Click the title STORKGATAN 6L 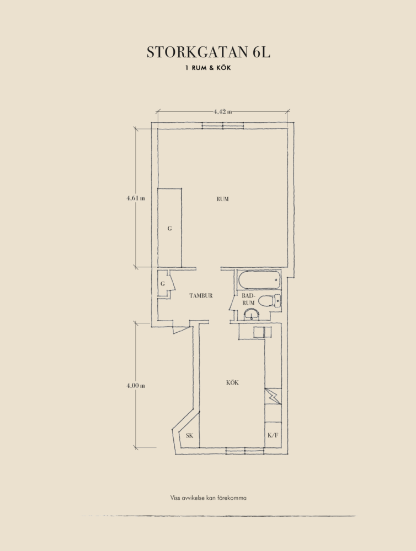click(x=209, y=52)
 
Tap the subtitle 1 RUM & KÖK click(x=209, y=68)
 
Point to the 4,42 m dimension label click(x=223, y=112)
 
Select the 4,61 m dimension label click(x=136, y=198)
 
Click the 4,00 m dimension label click(x=136, y=386)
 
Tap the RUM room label click(x=222, y=199)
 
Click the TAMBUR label click(x=201, y=295)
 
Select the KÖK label click(x=232, y=382)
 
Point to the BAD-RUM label click(x=248, y=299)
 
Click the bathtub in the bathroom click(x=260, y=280)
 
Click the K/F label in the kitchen click(x=273, y=435)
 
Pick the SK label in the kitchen click(x=189, y=436)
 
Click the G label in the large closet click(x=169, y=229)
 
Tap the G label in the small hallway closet click(x=163, y=284)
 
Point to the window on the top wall click(x=223, y=126)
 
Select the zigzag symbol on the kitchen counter click(x=273, y=396)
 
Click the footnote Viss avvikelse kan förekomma click(x=209, y=498)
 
